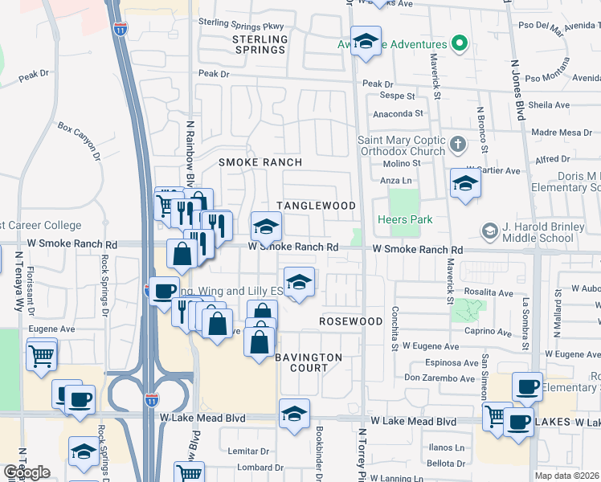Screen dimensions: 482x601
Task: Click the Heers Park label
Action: tap(405, 219)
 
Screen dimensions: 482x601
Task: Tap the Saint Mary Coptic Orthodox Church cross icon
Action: tap(458, 145)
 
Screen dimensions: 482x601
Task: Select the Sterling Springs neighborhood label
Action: tap(260, 44)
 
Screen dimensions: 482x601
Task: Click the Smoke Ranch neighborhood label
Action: tap(261, 162)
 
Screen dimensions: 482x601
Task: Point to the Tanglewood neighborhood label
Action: tap(316, 206)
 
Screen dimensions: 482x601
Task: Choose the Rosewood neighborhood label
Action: tap(350, 321)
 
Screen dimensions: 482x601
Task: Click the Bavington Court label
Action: tap(309, 362)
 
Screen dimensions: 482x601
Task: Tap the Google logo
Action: tap(27, 472)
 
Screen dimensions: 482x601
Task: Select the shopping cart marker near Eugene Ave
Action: tap(42, 354)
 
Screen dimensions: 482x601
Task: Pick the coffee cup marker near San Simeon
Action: tap(526, 387)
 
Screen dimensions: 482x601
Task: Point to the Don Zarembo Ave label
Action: tap(440, 378)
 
